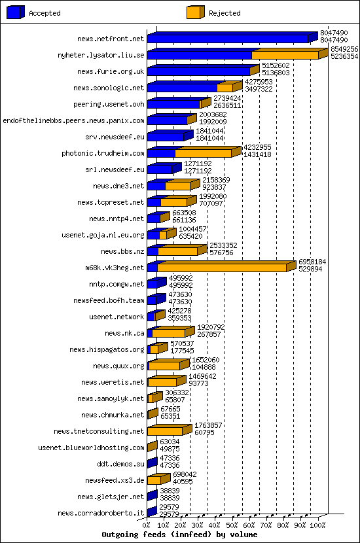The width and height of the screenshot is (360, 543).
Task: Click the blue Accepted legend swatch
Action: (x=16, y=12)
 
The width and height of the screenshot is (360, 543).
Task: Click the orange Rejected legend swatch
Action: (x=195, y=12)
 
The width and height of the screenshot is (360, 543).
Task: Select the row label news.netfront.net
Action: (x=110, y=39)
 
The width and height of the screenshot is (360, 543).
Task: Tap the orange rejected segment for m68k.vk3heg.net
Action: (x=221, y=268)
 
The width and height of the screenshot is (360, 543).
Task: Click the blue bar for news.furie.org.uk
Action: (x=198, y=71)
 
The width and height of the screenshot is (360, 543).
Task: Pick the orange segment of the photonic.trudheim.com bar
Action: (x=203, y=153)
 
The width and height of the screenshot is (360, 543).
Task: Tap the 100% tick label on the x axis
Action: (x=317, y=525)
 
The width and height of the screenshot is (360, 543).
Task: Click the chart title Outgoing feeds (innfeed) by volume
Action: (x=180, y=534)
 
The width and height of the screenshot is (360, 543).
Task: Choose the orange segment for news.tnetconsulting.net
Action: (x=164, y=431)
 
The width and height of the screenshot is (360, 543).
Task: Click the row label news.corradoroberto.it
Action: (x=101, y=513)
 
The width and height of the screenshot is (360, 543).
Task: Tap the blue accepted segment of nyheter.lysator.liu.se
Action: (x=199, y=55)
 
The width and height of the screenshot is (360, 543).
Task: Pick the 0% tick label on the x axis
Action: (x=146, y=525)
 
